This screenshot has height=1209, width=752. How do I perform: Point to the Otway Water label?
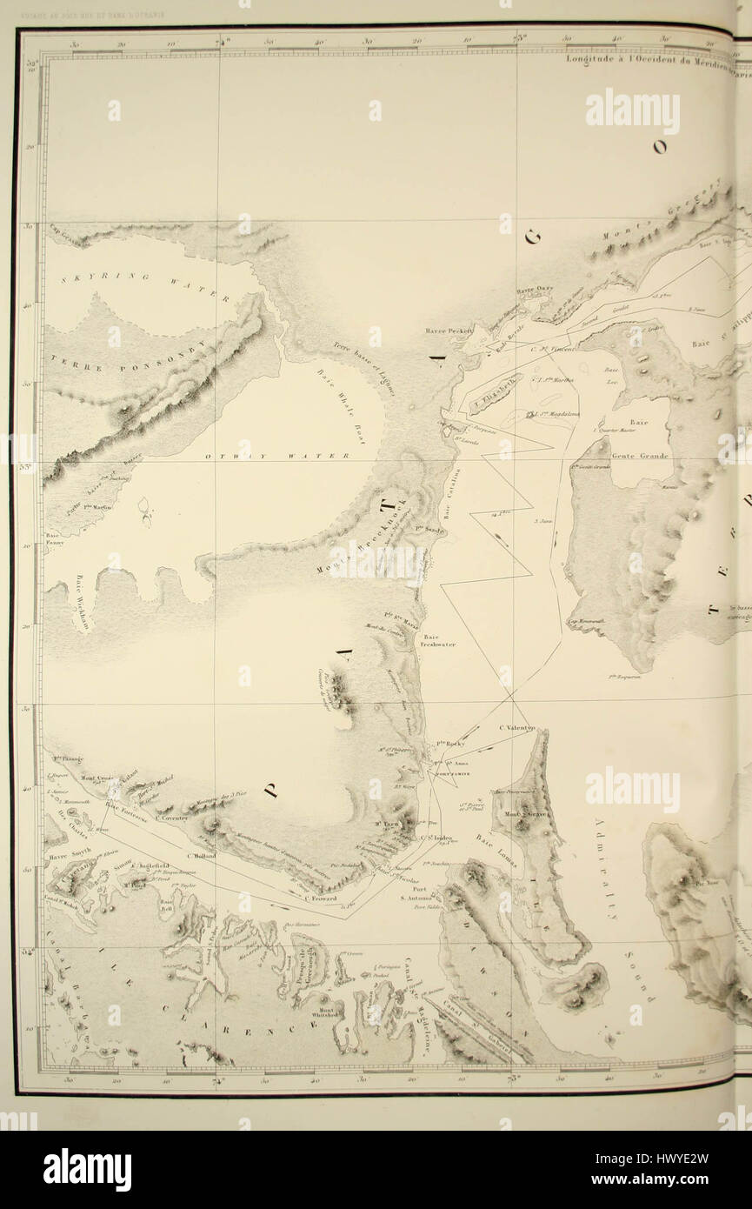tap(276, 456)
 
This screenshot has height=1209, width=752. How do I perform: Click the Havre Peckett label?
tap(449, 331)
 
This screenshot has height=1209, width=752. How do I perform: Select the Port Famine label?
tap(442, 763)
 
